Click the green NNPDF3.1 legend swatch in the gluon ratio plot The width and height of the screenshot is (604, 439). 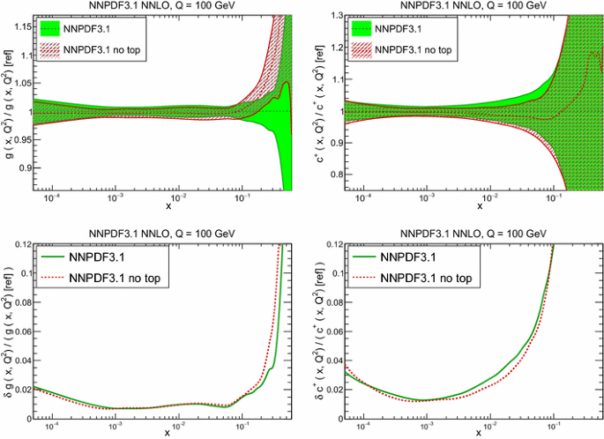(x=55, y=28)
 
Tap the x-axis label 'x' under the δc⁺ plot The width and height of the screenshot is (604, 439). (x=481, y=432)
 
